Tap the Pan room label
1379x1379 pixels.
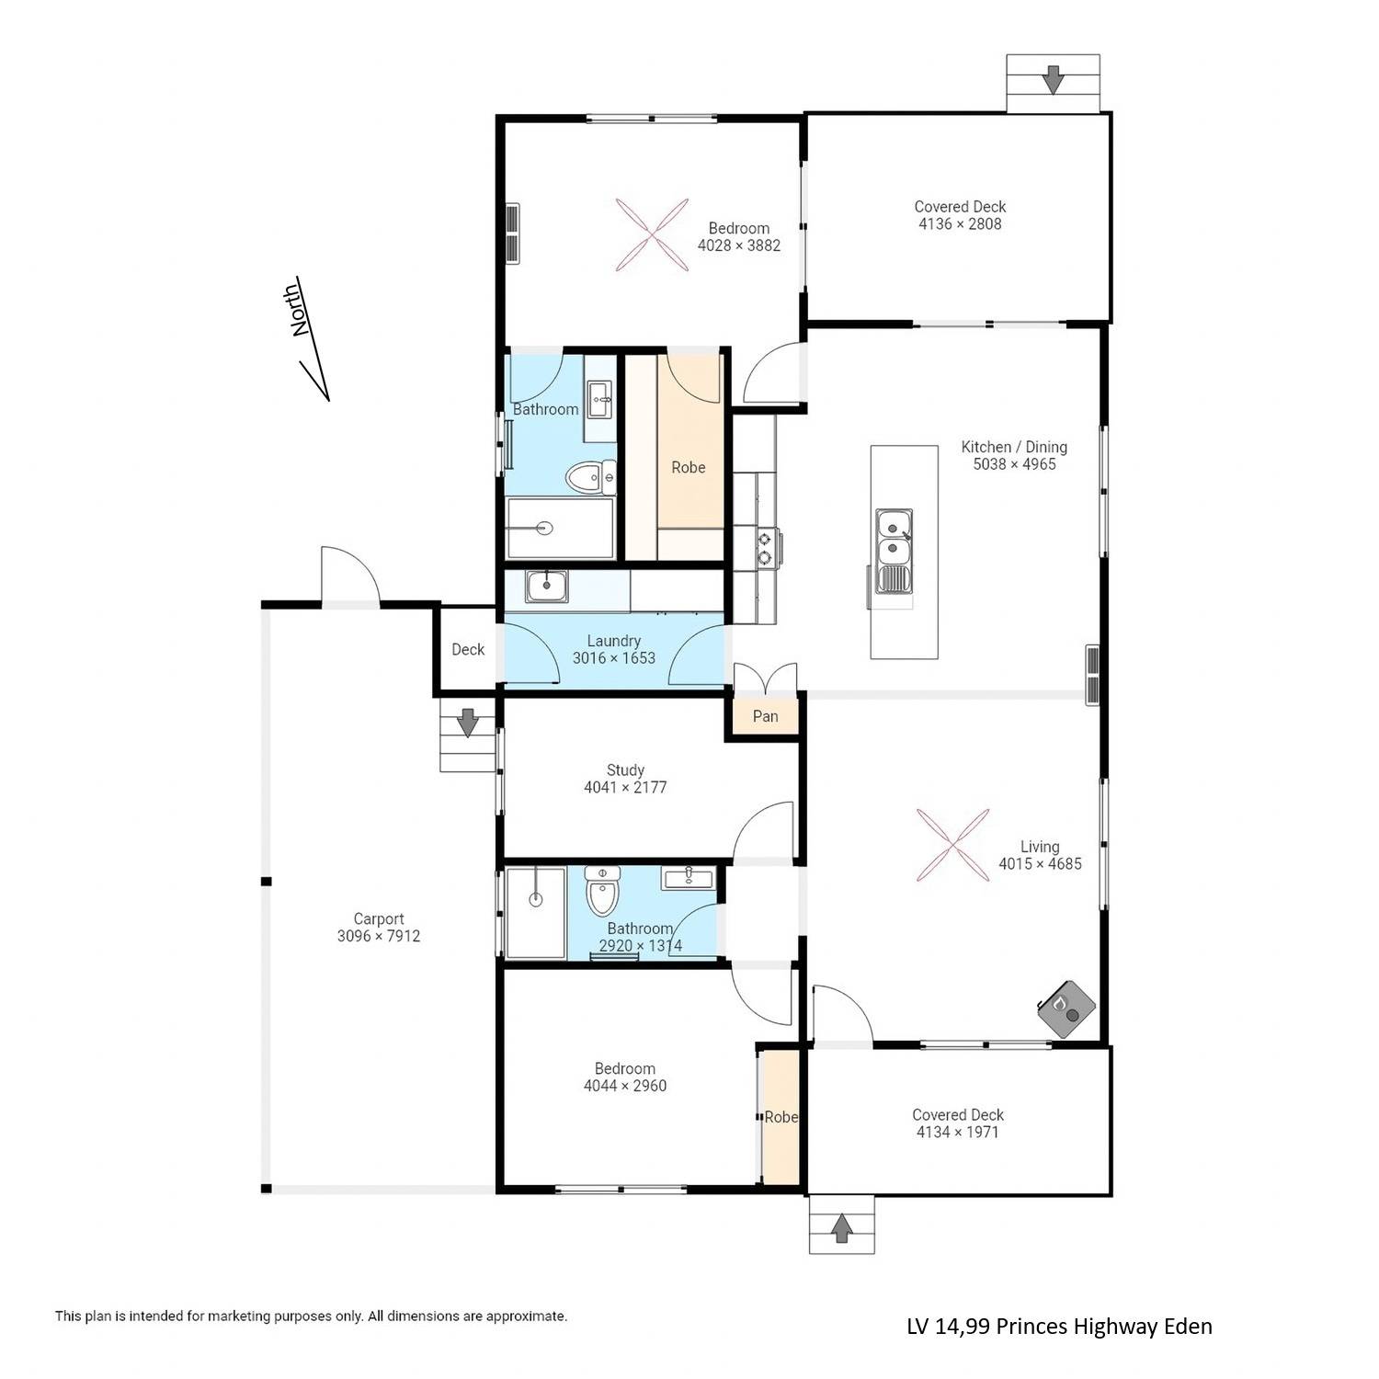pos(765,716)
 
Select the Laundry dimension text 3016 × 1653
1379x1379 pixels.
pos(614,658)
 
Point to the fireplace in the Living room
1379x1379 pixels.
pos(1066,1008)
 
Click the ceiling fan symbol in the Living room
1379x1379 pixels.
pos(952,845)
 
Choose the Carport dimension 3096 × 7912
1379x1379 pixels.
pos(379,936)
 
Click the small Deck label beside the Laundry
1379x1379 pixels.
pos(468,649)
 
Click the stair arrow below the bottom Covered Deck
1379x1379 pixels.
pos(841,1228)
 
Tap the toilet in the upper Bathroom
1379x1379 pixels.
pos(584,476)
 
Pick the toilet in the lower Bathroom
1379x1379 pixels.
pos(602,888)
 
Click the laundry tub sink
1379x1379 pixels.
pos(546,586)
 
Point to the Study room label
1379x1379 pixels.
pos(625,770)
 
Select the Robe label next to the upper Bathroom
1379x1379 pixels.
pos(688,467)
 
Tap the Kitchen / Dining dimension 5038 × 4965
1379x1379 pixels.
pos(1014,464)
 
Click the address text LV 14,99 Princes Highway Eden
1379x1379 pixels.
pos(1059,1327)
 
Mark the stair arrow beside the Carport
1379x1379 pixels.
pos(468,723)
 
